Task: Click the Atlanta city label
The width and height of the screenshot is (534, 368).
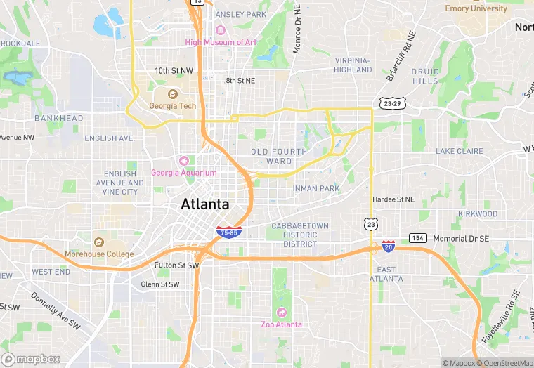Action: click(x=205, y=204)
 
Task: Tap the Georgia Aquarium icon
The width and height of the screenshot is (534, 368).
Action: click(x=184, y=160)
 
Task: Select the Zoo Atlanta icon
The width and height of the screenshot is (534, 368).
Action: click(x=282, y=312)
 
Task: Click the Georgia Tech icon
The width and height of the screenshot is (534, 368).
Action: click(x=173, y=94)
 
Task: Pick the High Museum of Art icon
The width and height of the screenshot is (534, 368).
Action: click(x=221, y=30)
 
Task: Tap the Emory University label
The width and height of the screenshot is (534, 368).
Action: click(x=476, y=8)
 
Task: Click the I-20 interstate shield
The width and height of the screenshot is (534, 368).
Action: click(x=389, y=247)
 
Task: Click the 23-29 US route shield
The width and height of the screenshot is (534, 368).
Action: click(x=393, y=103)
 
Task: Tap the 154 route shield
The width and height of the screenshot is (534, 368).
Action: click(x=418, y=239)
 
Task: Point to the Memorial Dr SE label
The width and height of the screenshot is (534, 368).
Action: click(x=460, y=239)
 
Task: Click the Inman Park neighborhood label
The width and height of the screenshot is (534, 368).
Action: click(x=316, y=188)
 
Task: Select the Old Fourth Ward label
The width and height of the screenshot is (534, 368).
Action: click(x=279, y=156)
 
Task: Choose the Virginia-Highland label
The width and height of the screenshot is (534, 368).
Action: click(x=353, y=65)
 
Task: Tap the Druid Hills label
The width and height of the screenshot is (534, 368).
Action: click(x=425, y=77)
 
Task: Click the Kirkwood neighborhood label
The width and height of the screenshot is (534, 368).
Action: click(x=477, y=213)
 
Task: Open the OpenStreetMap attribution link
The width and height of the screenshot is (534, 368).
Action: click(x=504, y=363)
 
